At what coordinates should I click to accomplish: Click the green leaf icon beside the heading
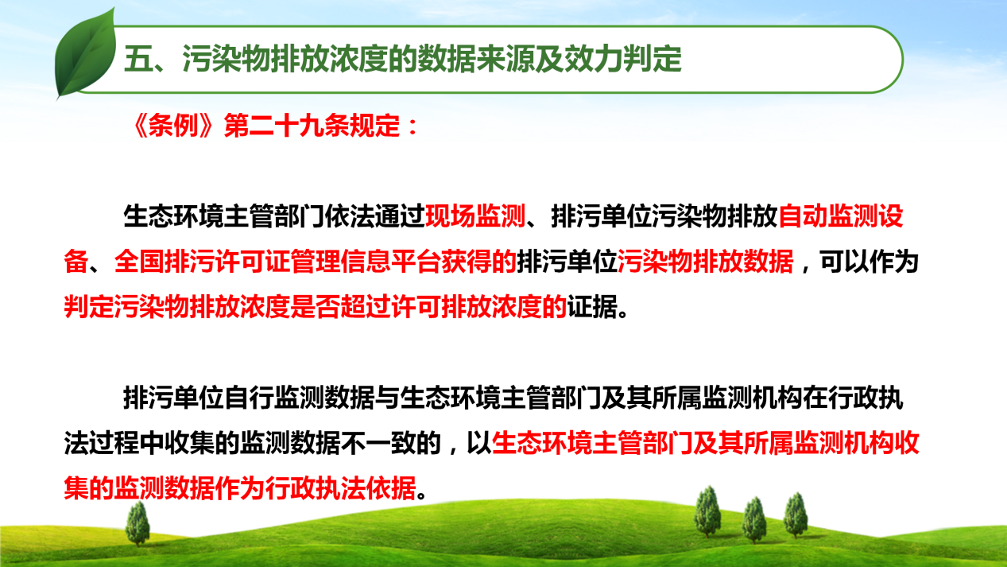84,54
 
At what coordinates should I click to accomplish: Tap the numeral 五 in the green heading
138,60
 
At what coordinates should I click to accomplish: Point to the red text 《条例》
173,126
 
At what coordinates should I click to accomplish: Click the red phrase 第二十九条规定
312,126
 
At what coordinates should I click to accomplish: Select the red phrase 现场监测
475,216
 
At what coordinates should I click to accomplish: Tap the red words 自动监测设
841,216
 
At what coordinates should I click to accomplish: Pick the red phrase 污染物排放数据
705,262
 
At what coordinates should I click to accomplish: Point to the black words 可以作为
869,262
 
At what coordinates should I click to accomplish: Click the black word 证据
592,307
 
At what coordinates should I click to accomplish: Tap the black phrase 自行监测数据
299,398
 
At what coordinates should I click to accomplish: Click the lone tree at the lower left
137,523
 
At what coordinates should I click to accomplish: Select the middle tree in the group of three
754,519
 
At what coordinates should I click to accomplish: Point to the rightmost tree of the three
796,515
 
